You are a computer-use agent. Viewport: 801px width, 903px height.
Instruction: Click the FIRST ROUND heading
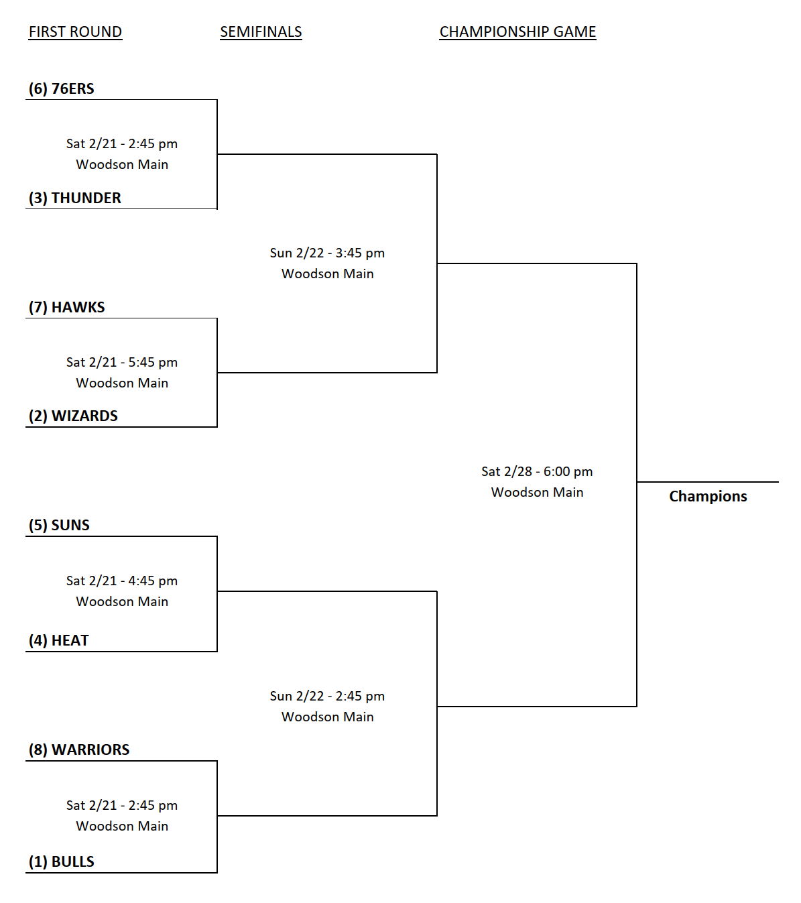point(75,32)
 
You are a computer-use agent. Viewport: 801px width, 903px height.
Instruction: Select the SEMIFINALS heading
point(261,32)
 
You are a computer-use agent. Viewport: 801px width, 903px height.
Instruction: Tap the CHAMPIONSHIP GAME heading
point(517,32)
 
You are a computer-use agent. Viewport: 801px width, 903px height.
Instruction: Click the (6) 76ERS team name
point(62,88)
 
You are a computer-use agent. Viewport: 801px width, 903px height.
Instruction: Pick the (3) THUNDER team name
point(75,198)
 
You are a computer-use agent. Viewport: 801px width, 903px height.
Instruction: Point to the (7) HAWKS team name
point(67,307)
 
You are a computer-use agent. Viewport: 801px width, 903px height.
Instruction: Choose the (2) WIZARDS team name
point(73,416)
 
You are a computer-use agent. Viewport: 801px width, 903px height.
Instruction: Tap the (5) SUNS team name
point(59,525)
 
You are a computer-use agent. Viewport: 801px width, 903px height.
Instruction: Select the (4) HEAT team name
point(59,640)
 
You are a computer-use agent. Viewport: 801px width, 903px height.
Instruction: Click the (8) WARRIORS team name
point(79,749)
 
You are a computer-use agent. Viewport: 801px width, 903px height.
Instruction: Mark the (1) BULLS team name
point(62,861)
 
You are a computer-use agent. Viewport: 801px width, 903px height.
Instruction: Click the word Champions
point(708,496)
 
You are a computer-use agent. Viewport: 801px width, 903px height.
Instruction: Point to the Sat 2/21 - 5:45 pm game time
point(122,362)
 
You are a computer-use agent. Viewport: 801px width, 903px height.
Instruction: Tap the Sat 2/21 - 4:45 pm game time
point(122,581)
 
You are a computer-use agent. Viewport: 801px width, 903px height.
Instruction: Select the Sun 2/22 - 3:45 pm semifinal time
point(327,253)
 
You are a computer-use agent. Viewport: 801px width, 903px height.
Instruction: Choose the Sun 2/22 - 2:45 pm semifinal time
point(327,696)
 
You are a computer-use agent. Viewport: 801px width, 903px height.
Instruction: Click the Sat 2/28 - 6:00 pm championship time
point(537,471)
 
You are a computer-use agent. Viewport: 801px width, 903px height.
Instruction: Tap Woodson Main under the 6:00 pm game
point(537,492)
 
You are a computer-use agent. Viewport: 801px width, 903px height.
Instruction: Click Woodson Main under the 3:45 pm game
point(327,274)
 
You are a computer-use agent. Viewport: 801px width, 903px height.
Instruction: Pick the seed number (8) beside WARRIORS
point(38,749)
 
